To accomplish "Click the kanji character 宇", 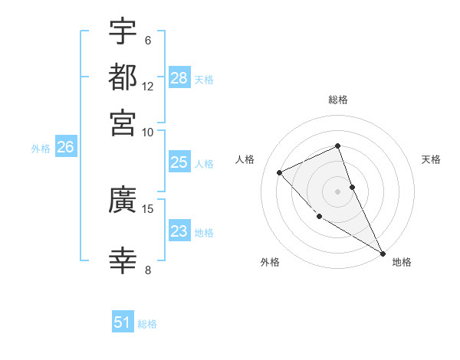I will point(123,32).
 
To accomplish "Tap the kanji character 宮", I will point(123,122).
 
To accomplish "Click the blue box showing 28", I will point(179,78).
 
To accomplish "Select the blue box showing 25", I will point(179,163).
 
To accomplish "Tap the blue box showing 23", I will point(179,232).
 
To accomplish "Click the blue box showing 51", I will point(123,323).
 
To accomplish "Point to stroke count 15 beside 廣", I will point(148,208).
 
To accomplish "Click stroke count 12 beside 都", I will point(148,87).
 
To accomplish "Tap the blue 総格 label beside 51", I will point(147,324).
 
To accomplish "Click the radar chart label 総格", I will point(338,100).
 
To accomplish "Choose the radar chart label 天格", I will point(432,159).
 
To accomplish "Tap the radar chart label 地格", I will point(402,263).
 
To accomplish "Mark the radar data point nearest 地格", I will point(382,253).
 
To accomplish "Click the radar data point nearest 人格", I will point(280,172).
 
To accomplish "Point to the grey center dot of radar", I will point(338,191).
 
